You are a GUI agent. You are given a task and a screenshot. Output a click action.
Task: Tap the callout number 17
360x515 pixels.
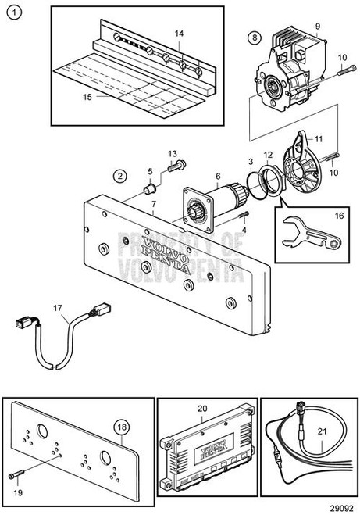[x=56, y=309]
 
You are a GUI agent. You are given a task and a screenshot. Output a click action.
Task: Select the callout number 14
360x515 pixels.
[x=179, y=33]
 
